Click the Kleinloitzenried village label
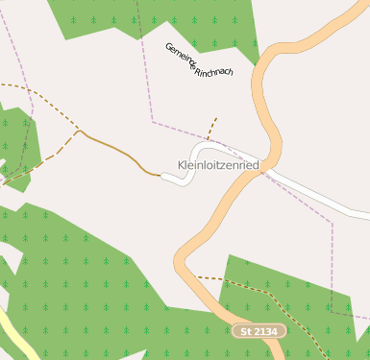click(219, 165)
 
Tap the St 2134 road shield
click(259, 331)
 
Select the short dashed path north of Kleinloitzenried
click(211, 128)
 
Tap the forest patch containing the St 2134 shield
click(288, 288)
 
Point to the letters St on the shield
click(246, 331)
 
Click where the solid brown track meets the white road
click(160, 175)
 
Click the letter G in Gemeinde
click(168, 46)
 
